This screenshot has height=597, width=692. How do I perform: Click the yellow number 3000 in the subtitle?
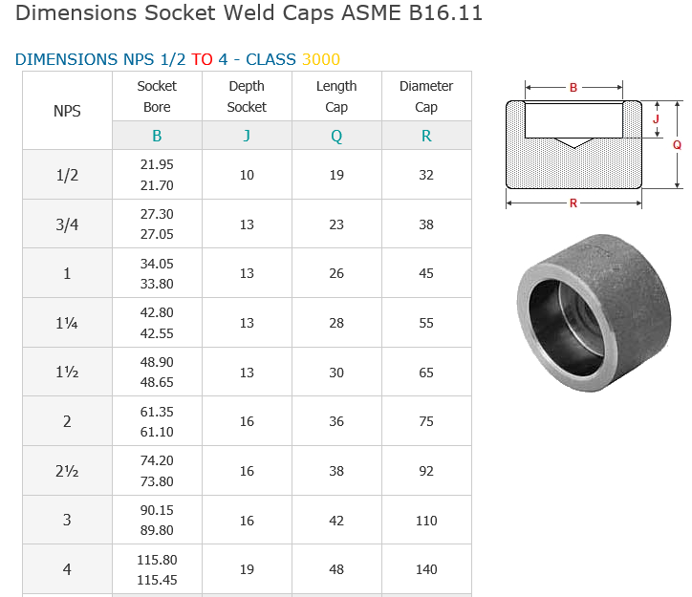(x=321, y=59)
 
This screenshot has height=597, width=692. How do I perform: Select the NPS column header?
(x=67, y=111)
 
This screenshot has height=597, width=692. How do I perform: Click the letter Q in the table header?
(x=336, y=136)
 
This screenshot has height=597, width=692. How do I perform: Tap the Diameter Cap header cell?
(x=426, y=96)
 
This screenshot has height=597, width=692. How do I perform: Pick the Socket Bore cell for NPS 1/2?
(x=157, y=175)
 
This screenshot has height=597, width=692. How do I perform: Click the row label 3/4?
(x=67, y=224)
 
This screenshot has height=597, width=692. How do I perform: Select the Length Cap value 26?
(x=336, y=273)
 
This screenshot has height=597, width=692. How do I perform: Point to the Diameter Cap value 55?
(x=426, y=323)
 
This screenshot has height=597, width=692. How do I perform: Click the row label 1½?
(x=67, y=373)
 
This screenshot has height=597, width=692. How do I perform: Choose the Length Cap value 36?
(x=336, y=421)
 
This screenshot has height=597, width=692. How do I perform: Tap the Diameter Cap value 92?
(x=426, y=471)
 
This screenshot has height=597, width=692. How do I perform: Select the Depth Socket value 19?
(x=247, y=569)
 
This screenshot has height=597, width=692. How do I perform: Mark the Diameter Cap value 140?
(x=426, y=569)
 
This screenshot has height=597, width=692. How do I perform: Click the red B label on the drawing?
(x=573, y=87)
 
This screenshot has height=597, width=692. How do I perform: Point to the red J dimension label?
(x=656, y=118)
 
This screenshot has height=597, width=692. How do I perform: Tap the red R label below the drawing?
(x=573, y=203)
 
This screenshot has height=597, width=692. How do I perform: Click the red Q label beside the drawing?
(x=677, y=144)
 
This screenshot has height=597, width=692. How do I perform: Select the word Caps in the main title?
(x=308, y=12)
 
